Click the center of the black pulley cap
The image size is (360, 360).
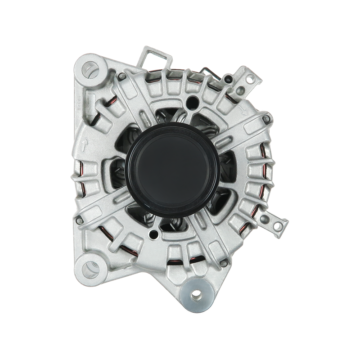173,164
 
